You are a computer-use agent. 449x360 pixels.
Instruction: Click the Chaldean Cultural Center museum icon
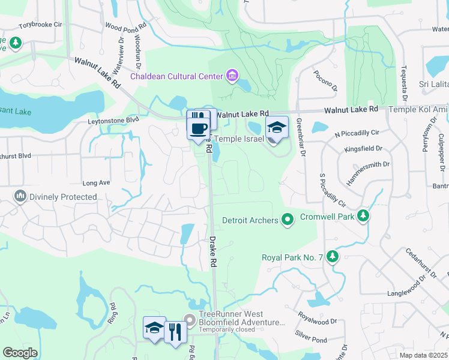[x=232, y=76]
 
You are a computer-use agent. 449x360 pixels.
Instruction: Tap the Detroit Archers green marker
[x=288, y=220]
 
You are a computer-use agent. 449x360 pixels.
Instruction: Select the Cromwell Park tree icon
[x=362, y=215]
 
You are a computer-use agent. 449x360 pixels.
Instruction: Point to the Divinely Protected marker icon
[x=21, y=196]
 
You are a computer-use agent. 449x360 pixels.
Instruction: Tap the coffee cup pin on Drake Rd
[x=199, y=128]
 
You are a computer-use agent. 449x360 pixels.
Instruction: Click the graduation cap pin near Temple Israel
[x=276, y=128]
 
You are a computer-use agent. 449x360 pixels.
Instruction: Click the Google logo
[x=20, y=353]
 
